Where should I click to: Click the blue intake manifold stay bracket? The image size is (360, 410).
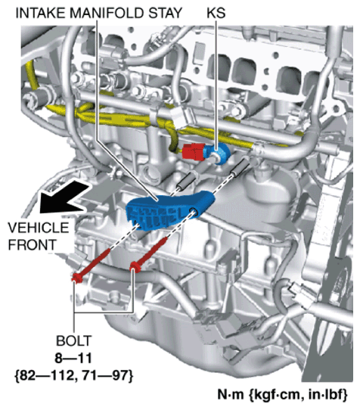167,210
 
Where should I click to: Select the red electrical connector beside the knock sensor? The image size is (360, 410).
193,151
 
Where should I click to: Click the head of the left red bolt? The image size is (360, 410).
76,278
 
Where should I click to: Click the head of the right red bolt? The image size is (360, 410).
135,267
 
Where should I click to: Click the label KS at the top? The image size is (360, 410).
216,13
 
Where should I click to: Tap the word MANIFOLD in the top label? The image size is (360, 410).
107,13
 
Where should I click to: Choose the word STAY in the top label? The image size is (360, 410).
165,13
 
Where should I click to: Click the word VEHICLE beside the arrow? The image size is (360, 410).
39,228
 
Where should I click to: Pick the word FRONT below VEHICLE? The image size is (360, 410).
33,244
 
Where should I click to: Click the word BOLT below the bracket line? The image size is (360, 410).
74,340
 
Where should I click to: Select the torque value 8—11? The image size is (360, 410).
73,359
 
